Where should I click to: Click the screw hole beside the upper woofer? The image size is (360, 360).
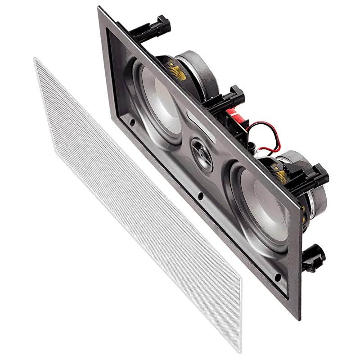[133, 122]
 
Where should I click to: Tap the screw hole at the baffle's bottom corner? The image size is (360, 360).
[278, 276]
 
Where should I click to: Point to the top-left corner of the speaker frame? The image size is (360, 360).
[99, 7]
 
